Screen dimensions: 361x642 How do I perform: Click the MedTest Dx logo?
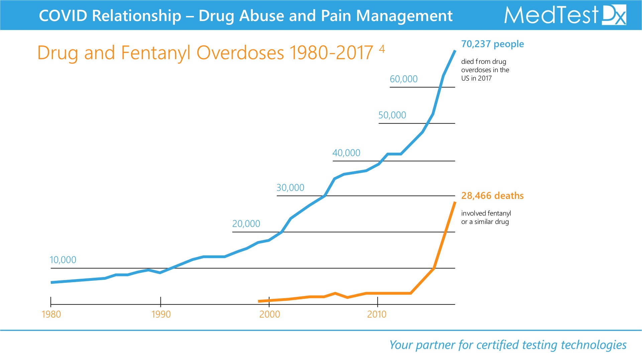click(x=565, y=15)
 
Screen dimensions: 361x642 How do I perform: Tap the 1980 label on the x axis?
click(x=51, y=314)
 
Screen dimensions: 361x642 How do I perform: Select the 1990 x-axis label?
click(x=161, y=314)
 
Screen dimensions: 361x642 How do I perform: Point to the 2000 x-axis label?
click(x=270, y=314)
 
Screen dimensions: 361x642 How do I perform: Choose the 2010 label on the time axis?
click(x=377, y=314)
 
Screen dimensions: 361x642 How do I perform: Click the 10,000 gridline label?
click(x=63, y=260)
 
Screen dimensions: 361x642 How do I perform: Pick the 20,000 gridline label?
click(x=246, y=224)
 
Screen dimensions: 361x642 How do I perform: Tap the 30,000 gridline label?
click(x=290, y=188)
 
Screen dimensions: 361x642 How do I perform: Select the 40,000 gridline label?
click(x=346, y=153)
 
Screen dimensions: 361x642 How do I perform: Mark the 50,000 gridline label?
click(x=392, y=115)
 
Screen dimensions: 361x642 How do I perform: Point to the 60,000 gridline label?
click(x=404, y=79)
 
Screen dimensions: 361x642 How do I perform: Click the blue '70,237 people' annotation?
click(x=492, y=44)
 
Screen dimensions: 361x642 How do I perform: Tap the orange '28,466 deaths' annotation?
click(x=492, y=196)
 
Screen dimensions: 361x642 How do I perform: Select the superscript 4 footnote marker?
click(x=382, y=49)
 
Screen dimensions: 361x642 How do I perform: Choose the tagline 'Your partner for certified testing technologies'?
click(x=508, y=345)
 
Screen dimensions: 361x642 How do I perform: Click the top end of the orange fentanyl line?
click(x=455, y=202)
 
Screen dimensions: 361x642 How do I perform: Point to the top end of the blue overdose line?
click(x=455, y=51)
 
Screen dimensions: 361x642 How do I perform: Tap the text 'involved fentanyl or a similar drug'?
click(x=486, y=217)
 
